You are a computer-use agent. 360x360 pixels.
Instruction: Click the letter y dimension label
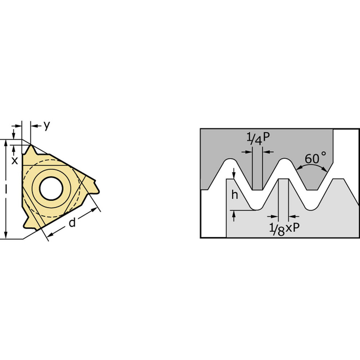(46, 126)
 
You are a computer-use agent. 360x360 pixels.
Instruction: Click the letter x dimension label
(14, 161)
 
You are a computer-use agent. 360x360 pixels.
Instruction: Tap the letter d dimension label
(72, 223)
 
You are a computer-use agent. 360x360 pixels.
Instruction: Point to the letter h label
(235, 195)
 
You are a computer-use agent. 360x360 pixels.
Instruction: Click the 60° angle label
(316, 158)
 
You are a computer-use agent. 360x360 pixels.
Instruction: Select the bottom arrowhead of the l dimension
(6, 235)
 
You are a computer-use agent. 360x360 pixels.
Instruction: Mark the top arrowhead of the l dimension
(6, 143)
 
